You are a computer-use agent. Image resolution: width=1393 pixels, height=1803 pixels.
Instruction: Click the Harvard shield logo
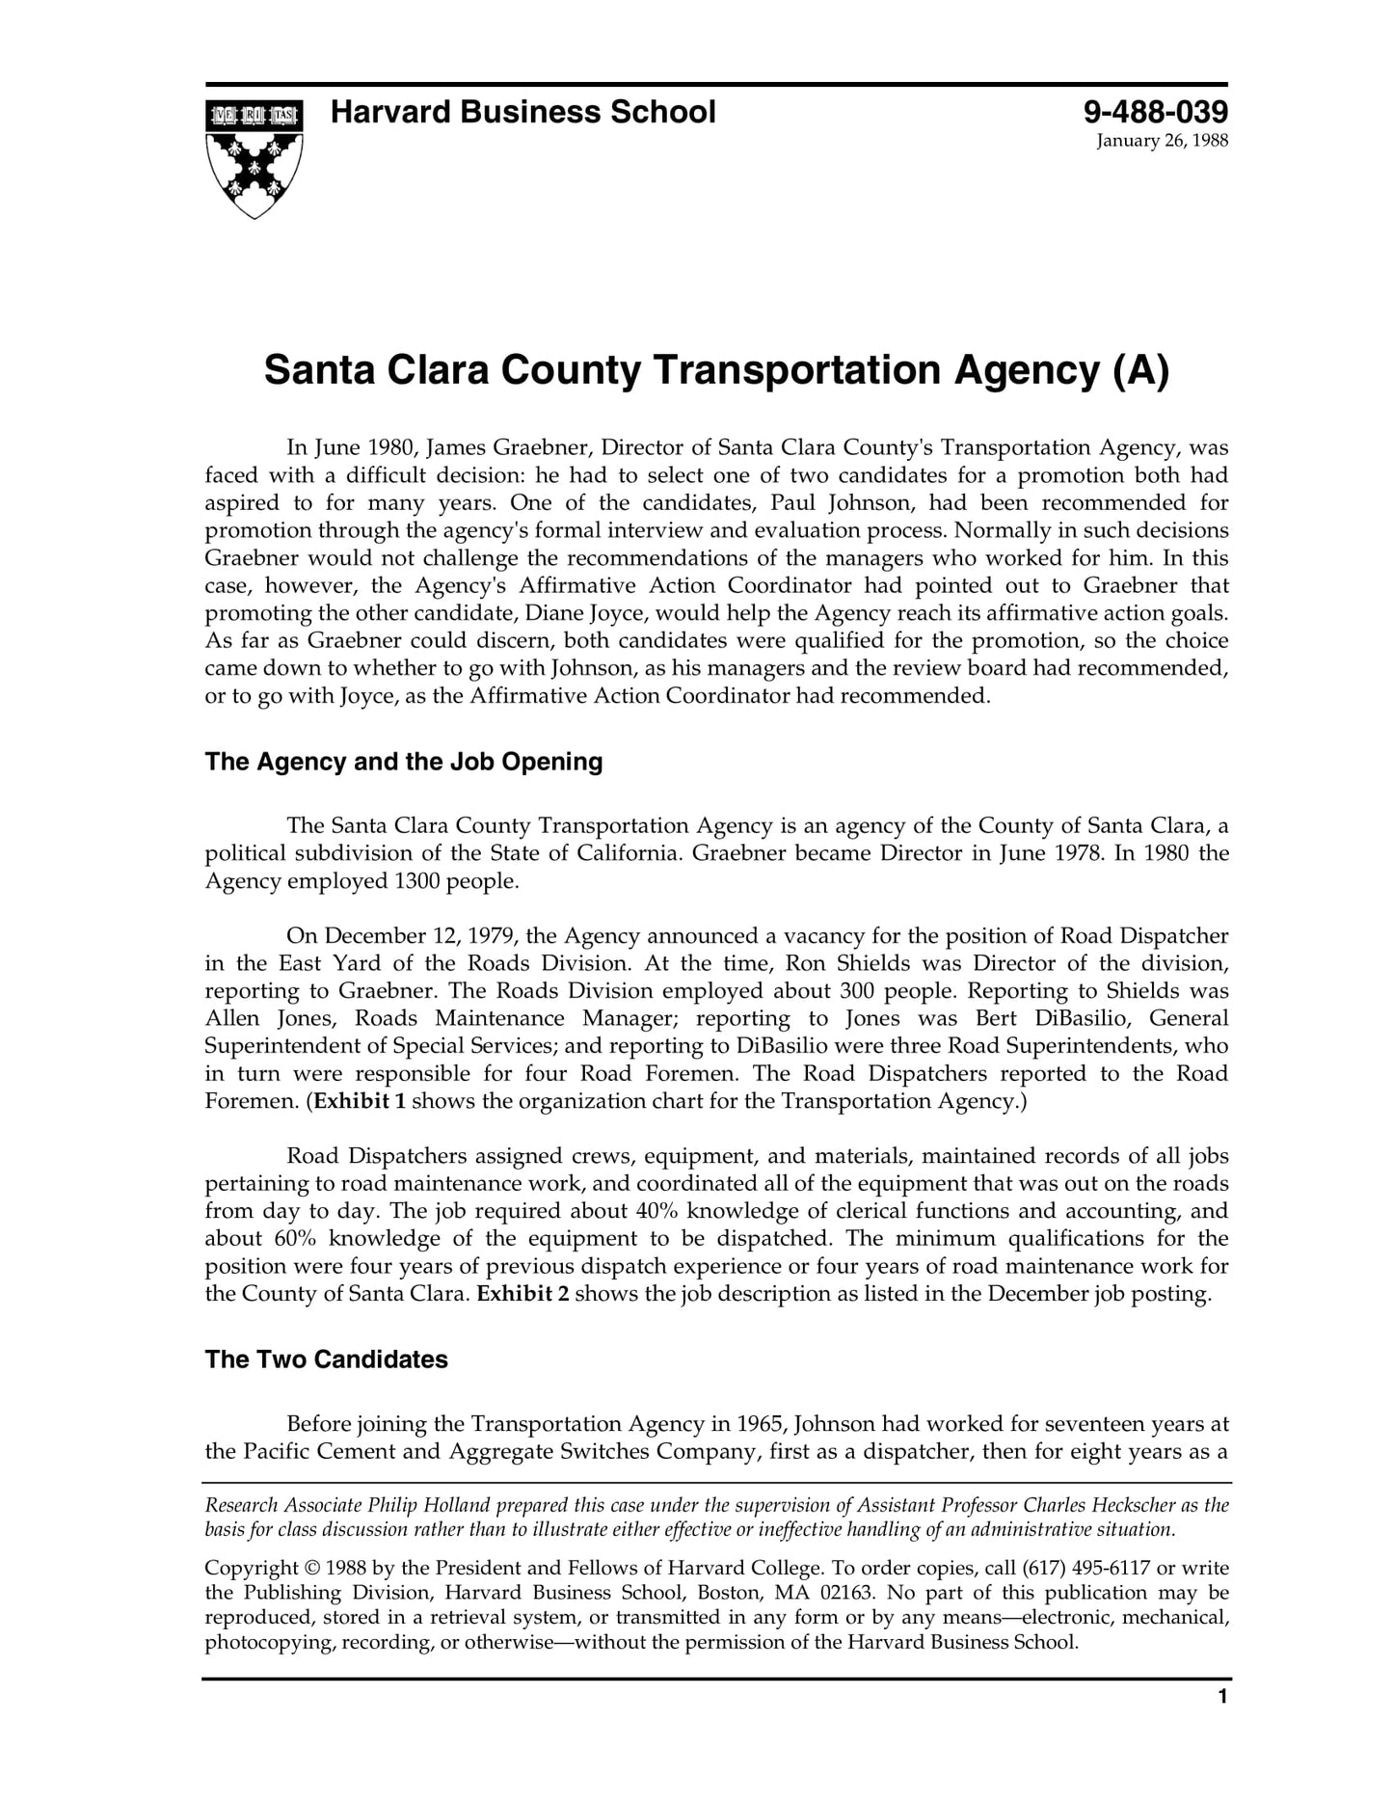tap(254, 158)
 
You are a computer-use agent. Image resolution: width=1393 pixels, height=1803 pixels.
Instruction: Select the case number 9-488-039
tap(1156, 113)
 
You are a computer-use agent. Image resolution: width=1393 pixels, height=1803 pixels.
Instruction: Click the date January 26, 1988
tap(1162, 142)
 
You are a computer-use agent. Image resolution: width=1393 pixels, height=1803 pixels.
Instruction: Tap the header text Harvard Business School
tap(522, 113)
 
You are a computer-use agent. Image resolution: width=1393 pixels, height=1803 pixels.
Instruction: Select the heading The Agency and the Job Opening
tap(404, 762)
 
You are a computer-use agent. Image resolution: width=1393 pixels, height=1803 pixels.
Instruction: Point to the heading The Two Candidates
tap(327, 1359)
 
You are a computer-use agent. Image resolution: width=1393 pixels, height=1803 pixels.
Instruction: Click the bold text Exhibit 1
tap(360, 1101)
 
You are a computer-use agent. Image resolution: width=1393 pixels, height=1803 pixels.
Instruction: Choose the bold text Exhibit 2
tap(522, 1294)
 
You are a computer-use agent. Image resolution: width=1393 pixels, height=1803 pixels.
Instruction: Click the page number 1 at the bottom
tap(1222, 1724)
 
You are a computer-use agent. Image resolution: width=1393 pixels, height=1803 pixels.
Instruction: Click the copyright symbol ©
tap(312, 1569)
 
